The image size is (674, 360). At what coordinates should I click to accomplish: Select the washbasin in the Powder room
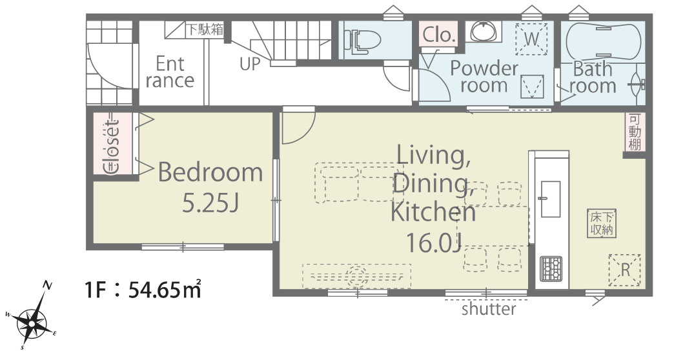485,32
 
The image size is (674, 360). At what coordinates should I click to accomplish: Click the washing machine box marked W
532,39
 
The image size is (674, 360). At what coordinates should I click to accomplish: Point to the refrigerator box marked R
625,270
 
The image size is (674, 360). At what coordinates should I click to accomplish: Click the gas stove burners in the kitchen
551,268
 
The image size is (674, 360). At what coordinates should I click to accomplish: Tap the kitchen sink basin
550,199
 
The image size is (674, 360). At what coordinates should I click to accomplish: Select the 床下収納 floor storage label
602,223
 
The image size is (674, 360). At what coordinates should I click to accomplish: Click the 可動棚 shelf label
635,132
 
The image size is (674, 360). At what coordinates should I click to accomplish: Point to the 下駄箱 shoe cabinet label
205,29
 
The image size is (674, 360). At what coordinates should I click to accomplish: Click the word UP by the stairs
250,64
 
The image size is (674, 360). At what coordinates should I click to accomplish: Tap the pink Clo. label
438,35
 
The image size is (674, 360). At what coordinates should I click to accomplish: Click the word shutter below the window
489,309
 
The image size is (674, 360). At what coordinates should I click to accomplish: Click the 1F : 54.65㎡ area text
143,291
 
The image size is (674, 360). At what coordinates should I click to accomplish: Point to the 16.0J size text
434,244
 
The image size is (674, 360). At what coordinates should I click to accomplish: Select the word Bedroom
210,172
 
